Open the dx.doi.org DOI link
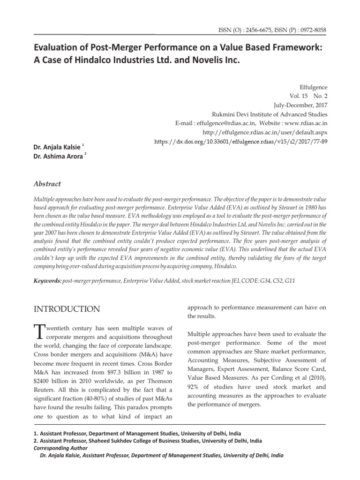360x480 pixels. pos(241,141)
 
